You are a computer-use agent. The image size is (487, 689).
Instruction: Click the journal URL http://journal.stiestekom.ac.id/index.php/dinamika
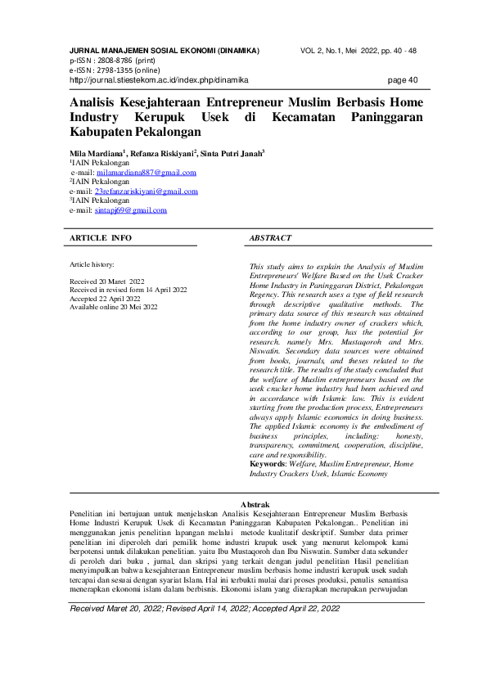pos(159,80)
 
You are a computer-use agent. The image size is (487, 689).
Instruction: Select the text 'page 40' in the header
pos(403,80)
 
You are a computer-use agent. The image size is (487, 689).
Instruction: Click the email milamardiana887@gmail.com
pos(146,173)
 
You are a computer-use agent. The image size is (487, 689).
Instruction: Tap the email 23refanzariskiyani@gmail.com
pos(146,191)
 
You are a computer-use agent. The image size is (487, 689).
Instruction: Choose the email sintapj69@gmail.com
pos(131,210)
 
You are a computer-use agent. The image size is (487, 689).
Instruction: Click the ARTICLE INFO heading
pos(100,238)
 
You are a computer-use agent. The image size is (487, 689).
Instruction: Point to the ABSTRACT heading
pos(269,238)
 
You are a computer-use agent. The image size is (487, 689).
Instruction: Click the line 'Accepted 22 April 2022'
pos(106,298)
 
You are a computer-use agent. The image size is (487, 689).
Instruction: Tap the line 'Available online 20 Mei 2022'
pos(114,307)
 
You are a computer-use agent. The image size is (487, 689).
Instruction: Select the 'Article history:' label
pos(92,264)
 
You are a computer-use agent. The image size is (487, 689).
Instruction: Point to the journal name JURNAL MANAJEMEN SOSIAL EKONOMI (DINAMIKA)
pos(164,51)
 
